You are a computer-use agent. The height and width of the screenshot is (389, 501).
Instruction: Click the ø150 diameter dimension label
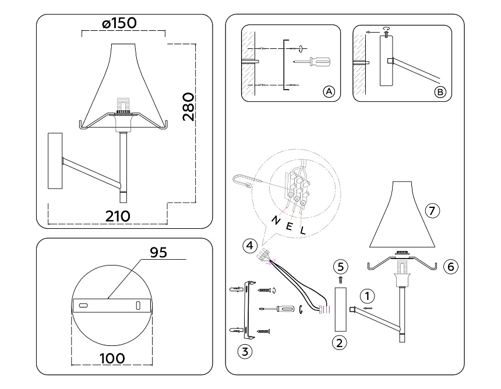tap(119, 23)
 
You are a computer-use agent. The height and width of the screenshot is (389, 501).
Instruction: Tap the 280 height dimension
tap(188, 107)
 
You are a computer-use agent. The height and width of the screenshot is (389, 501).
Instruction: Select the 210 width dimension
tap(118, 217)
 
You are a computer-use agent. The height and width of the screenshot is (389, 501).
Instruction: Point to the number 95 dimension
tap(158, 253)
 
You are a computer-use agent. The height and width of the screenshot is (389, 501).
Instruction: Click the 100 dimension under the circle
tap(112, 358)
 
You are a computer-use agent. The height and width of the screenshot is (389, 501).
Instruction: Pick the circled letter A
tap(329, 91)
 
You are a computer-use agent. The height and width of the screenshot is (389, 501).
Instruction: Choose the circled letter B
tap(440, 92)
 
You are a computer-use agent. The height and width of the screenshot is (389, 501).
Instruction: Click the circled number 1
tap(367, 296)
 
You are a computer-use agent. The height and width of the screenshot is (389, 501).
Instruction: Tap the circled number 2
tap(339, 342)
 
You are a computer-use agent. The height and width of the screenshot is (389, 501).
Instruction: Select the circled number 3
tap(245, 352)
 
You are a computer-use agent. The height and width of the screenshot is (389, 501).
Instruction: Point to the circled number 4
tap(250, 246)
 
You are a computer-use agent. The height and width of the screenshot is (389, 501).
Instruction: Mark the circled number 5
tap(340, 267)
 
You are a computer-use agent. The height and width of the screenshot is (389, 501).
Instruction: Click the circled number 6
tap(451, 267)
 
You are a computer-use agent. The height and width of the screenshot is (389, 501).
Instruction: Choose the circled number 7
tap(432, 211)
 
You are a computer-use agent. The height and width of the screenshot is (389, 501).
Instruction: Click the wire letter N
tap(276, 220)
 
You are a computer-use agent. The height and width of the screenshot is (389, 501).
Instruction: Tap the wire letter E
tap(289, 226)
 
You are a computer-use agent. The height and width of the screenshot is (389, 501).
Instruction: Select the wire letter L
tap(303, 230)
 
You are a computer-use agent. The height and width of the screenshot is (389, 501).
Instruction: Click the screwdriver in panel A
tap(312, 61)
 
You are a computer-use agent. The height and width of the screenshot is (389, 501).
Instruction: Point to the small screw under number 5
tap(340, 280)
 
